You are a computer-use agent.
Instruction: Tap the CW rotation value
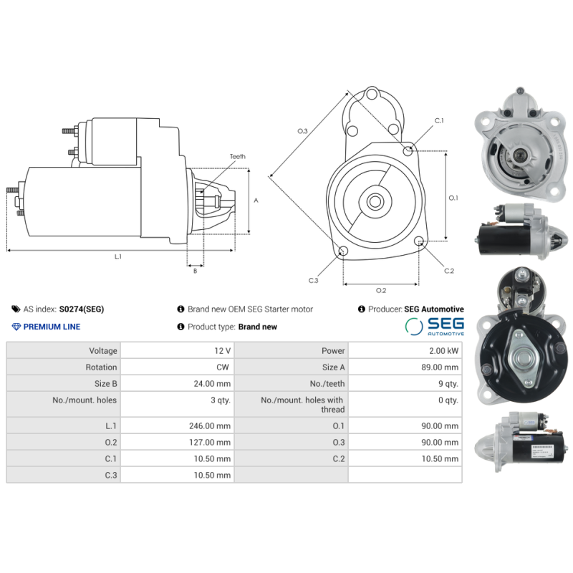(x=223, y=367)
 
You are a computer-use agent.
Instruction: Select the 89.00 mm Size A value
(x=440, y=367)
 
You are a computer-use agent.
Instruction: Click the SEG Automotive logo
(x=435, y=327)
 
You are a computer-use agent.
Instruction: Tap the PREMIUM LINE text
(x=52, y=327)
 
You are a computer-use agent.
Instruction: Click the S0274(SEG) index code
(x=81, y=309)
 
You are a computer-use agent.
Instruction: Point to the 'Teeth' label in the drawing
(x=237, y=156)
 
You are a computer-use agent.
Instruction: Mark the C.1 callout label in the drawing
(x=438, y=120)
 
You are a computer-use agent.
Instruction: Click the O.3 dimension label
(x=302, y=131)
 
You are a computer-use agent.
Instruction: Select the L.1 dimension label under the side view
(x=117, y=256)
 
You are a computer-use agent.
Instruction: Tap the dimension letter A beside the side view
(x=256, y=201)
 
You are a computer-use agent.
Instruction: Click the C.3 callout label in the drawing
(x=313, y=280)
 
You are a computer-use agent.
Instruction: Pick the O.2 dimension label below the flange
(x=381, y=290)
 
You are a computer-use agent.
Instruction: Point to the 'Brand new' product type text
(x=257, y=327)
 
